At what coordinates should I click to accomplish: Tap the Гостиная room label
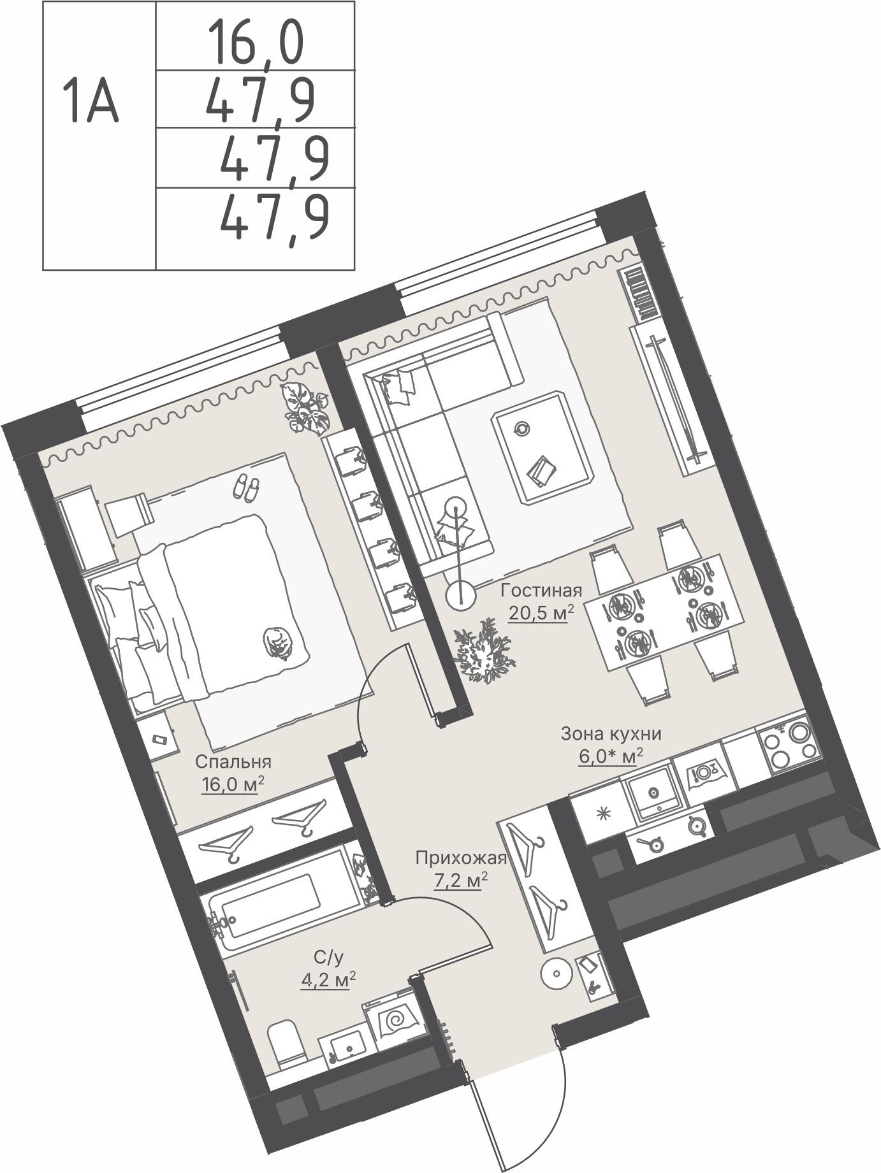tap(541, 589)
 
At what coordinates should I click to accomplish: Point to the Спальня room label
tap(233, 761)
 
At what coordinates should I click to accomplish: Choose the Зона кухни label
tap(611, 734)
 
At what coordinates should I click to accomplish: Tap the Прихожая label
tap(460, 858)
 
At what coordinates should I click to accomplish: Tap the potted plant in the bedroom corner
tap(306, 408)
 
